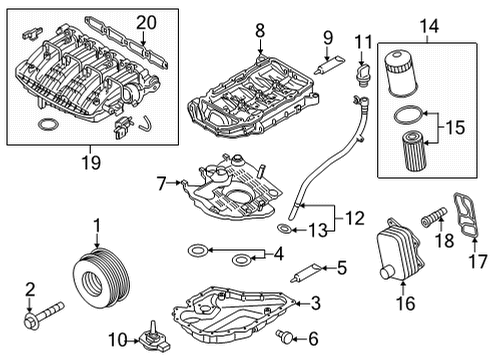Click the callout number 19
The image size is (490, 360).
[x=91, y=162]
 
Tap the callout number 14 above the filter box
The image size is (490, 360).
[x=429, y=26]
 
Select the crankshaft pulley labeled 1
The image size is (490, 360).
[x=101, y=279]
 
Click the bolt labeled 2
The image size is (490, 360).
[x=44, y=315]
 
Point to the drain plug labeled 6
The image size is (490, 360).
[x=284, y=337]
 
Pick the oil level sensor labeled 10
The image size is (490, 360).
[x=155, y=338]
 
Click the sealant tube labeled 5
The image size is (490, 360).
[x=306, y=272]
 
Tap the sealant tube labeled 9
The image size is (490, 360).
[x=330, y=65]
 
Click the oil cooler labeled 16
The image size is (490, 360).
[x=400, y=250]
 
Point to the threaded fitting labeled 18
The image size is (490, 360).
[x=434, y=217]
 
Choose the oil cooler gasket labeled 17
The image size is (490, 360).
[x=465, y=215]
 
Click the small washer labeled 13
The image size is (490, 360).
[x=284, y=229]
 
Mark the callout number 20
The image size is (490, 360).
[x=146, y=23]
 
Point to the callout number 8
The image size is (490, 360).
[x=260, y=31]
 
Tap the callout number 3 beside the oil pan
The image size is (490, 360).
[x=315, y=303]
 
